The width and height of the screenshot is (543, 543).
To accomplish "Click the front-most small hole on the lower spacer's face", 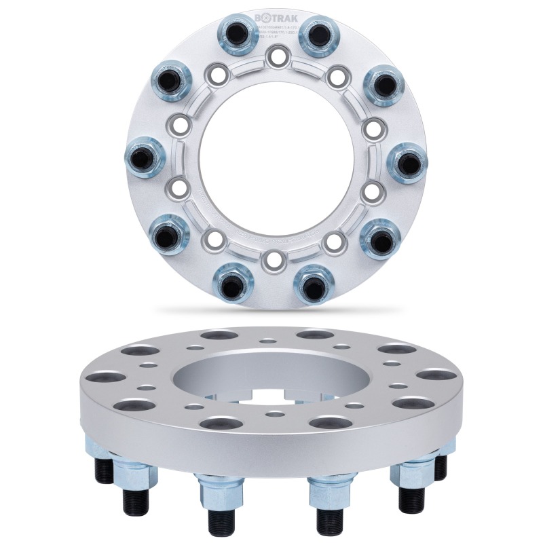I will pyautogui.click(x=275, y=413).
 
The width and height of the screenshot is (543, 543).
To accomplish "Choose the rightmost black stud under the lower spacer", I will pyautogui.click(x=442, y=466).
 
